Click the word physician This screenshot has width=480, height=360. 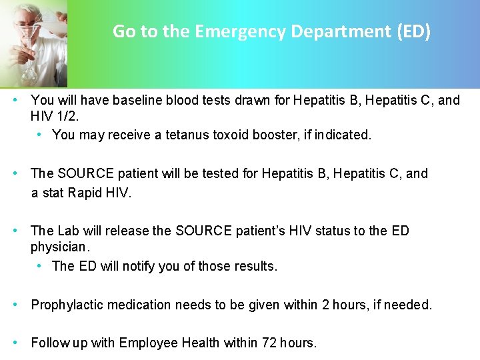click(x=59, y=247)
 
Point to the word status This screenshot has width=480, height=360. click(x=333, y=231)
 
